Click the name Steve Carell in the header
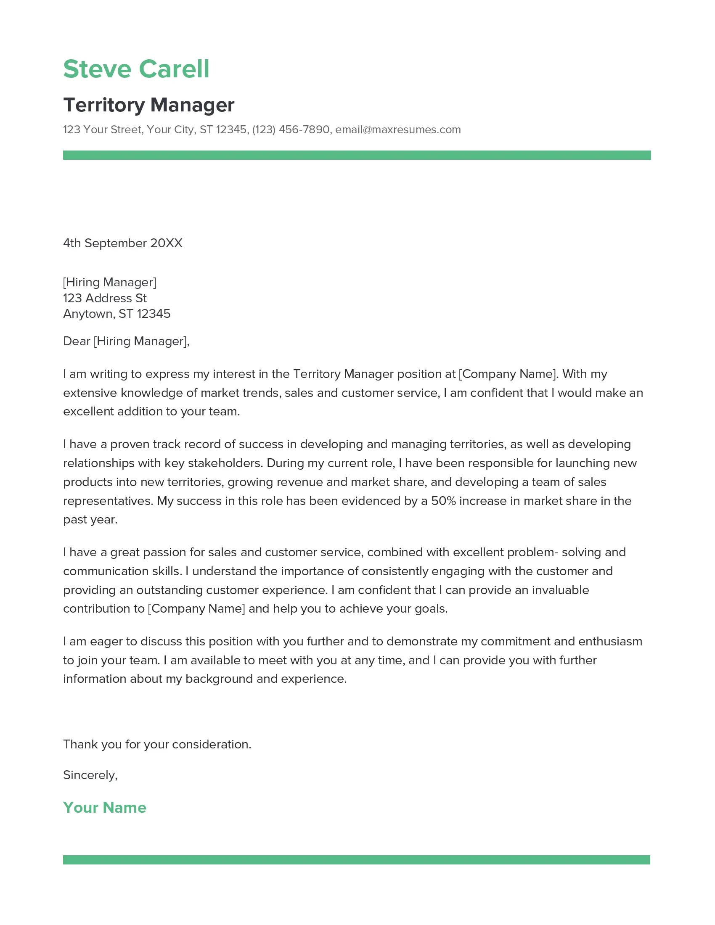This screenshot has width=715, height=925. click(136, 69)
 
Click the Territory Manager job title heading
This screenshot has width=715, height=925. click(148, 105)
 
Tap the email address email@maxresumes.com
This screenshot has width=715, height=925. click(398, 129)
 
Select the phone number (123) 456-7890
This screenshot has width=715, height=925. click(291, 129)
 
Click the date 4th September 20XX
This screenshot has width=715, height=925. click(122, 243)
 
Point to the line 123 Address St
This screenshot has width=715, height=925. click(105, 298)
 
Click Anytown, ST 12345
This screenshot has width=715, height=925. click(117, 314)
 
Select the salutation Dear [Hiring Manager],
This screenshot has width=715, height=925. click(126, 341)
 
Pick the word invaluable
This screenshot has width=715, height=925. click(560, 590)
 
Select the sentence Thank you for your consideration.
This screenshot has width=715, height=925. click(157, 744)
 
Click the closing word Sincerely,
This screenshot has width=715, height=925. click(90, 775)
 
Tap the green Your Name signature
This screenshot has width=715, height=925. click(105, 807)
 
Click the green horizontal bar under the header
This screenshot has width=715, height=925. click(357, 155)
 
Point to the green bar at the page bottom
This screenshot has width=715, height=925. click(356, 860)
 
